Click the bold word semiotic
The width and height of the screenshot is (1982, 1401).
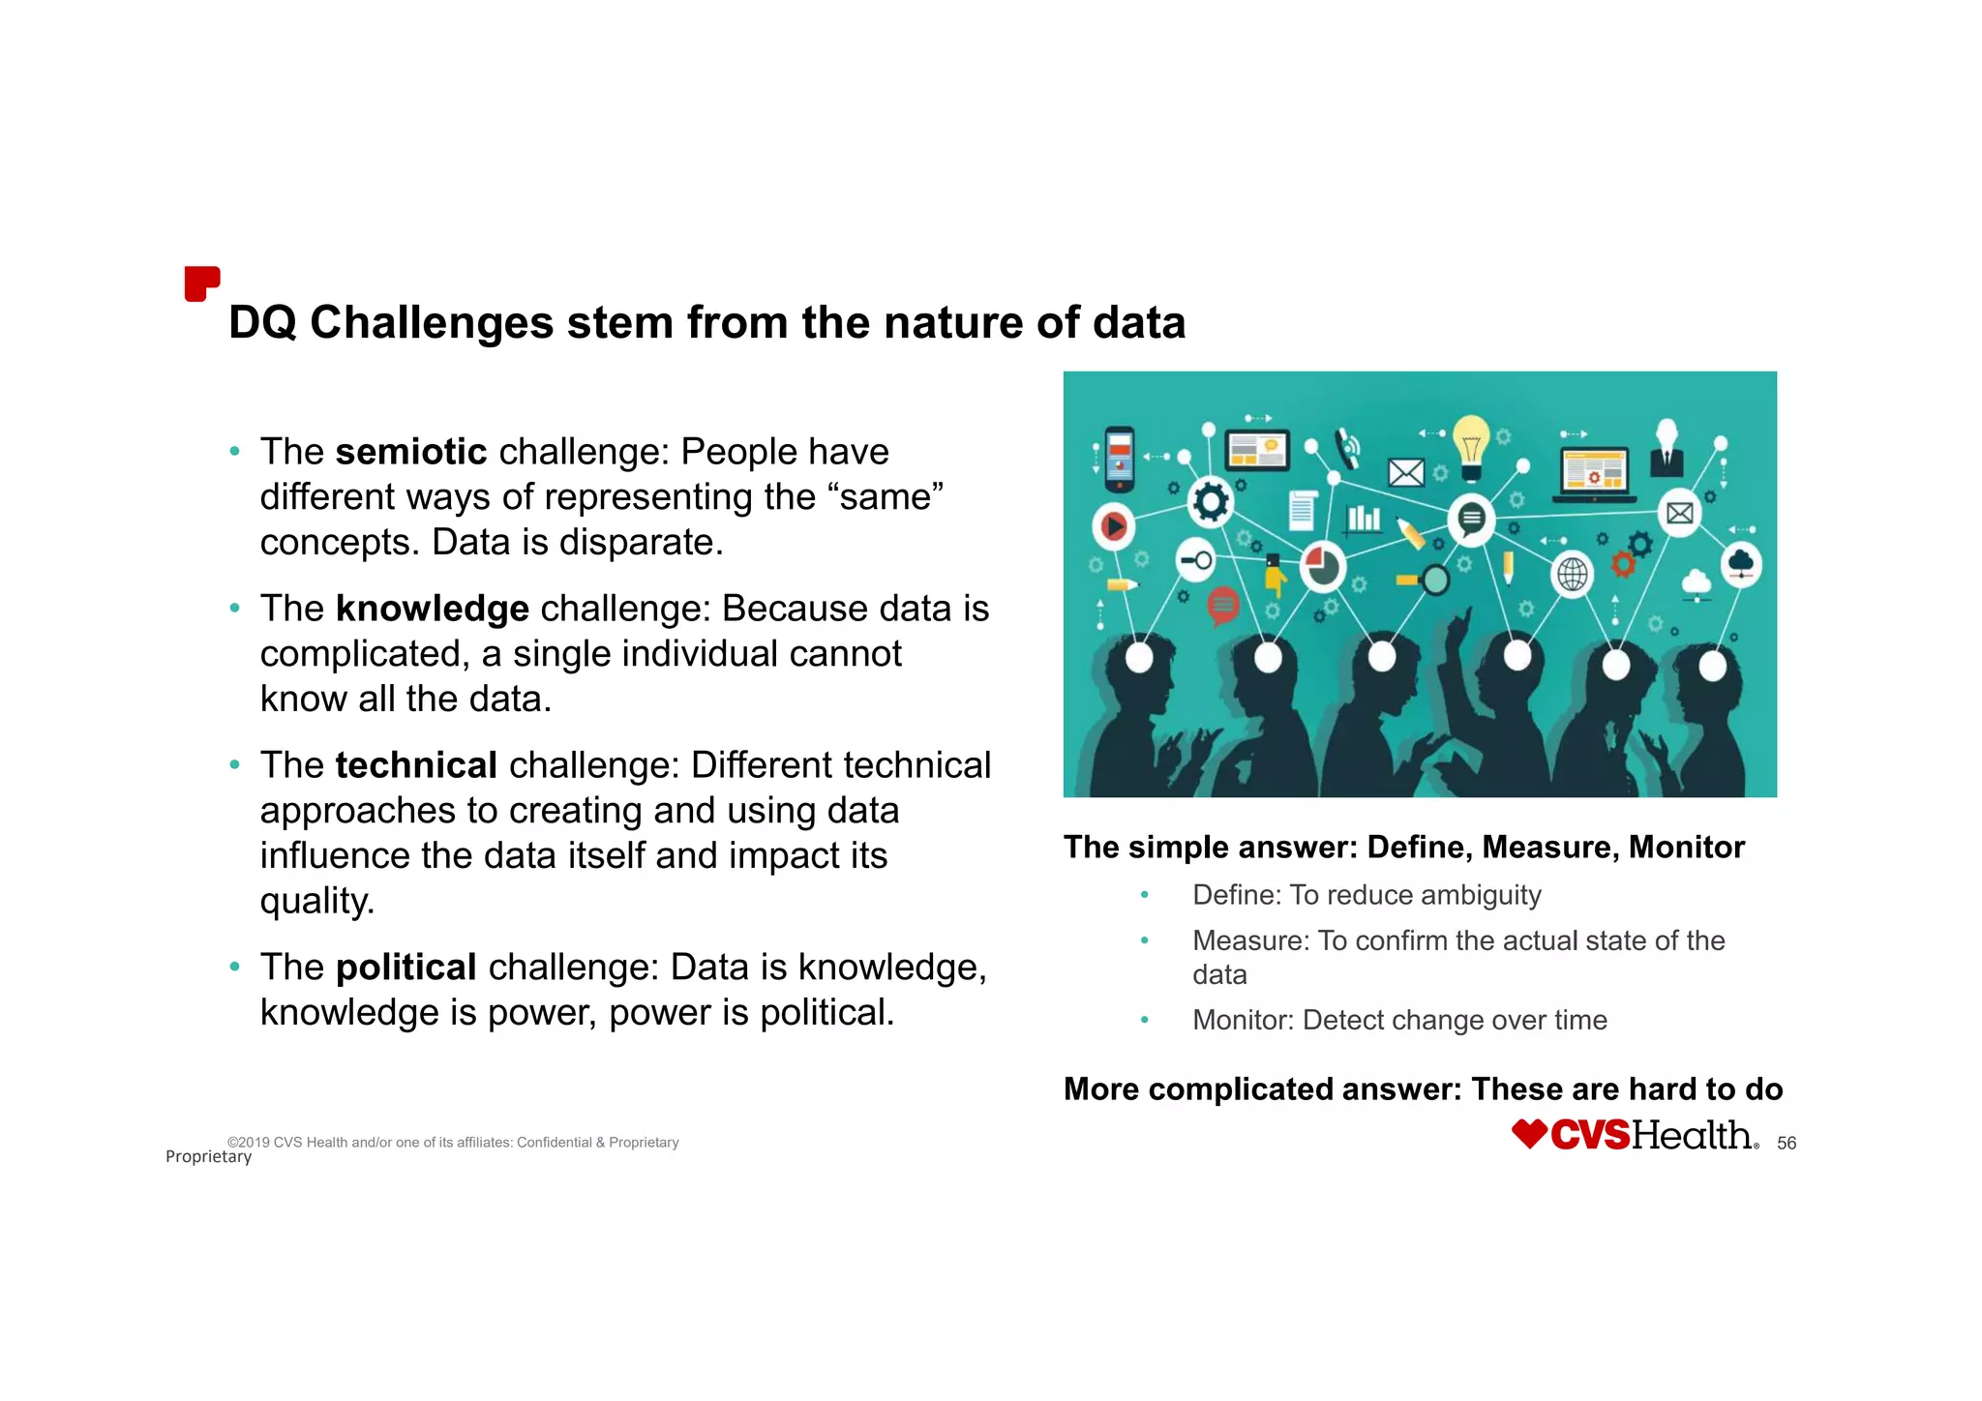pyautogui.click(x=411, y=452)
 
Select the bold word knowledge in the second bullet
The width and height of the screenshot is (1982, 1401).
pyautogui.click(x=432, y=609)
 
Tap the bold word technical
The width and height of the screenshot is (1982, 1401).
pyautogui.click(x=416, y=765)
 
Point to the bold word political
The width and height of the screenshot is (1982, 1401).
pyautogui.click(x=405, y=968)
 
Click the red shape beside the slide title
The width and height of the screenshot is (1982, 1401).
pyautogui.click(x=201, y=283)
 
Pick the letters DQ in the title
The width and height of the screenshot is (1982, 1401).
pyautogui.click(x=262, y=323)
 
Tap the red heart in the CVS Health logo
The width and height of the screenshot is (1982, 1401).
pyautogui.click(x=1530, y=1134)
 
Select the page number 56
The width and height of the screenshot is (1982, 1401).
pyautogui.click(x=1787, y=1144)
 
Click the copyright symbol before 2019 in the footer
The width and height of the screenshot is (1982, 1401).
pyautogui.click(x=232, y=1143)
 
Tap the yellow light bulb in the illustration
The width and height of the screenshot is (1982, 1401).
pyautogui.click(x=1471, y=445)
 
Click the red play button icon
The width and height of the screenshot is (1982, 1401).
pyautogui.click(x=1114, y=525)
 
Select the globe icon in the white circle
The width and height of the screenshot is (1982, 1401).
pyautogui.click(x=1572, y=575)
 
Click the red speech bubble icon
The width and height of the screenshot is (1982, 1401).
pyautogui.click(x=1223, y=606)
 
